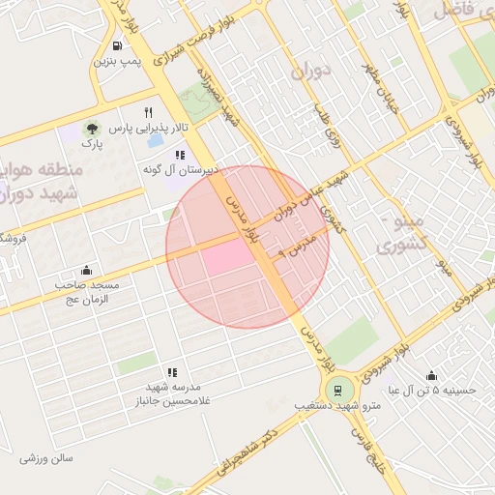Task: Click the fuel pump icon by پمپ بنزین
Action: [x=117, y=44]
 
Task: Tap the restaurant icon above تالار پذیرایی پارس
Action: [x=148, y=112]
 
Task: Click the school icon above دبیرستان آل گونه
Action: [x=179, y=155]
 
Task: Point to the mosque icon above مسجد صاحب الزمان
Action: [x=87, y=270]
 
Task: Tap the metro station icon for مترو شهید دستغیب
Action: [x=337, y=391]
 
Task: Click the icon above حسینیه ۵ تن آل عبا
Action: [x=431, y=375]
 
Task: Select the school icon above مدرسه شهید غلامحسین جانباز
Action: [x=172, y=371]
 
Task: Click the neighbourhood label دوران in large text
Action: [x=310, y=70]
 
